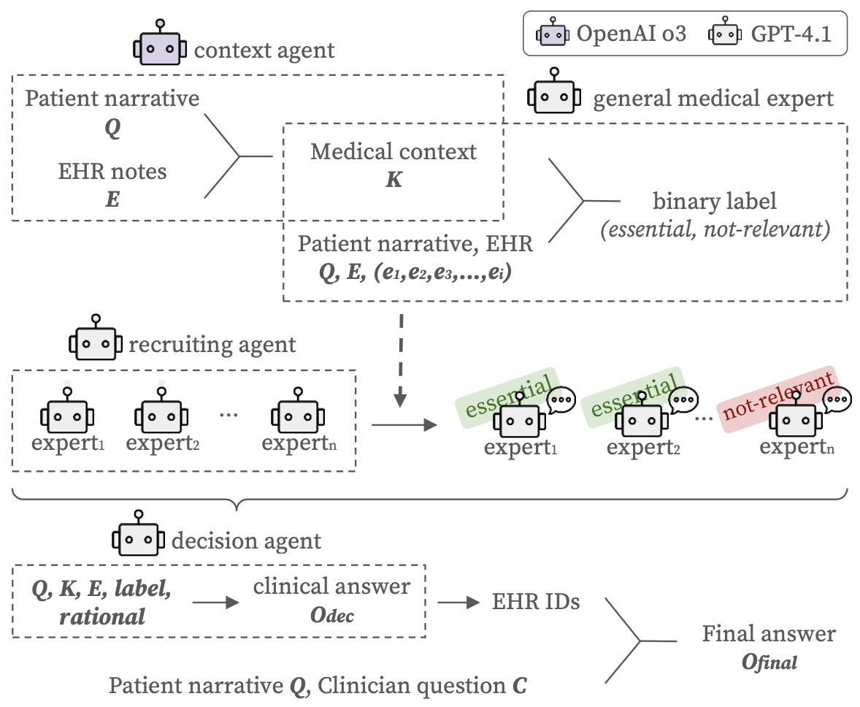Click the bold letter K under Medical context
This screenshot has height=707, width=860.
click(x=393, y=179)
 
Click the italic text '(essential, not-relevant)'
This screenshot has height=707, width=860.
click(x=715, y=232)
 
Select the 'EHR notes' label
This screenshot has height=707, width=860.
click(x=112, y=172)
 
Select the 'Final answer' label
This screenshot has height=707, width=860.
click(x=769, y=633)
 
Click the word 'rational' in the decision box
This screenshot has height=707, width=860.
click(x=103, y=616)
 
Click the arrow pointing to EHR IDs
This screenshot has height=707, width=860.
click(x=453, y=603)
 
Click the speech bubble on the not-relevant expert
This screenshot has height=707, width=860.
click(x=837, y=399)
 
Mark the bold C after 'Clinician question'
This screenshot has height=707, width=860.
click(x=518, y=686)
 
